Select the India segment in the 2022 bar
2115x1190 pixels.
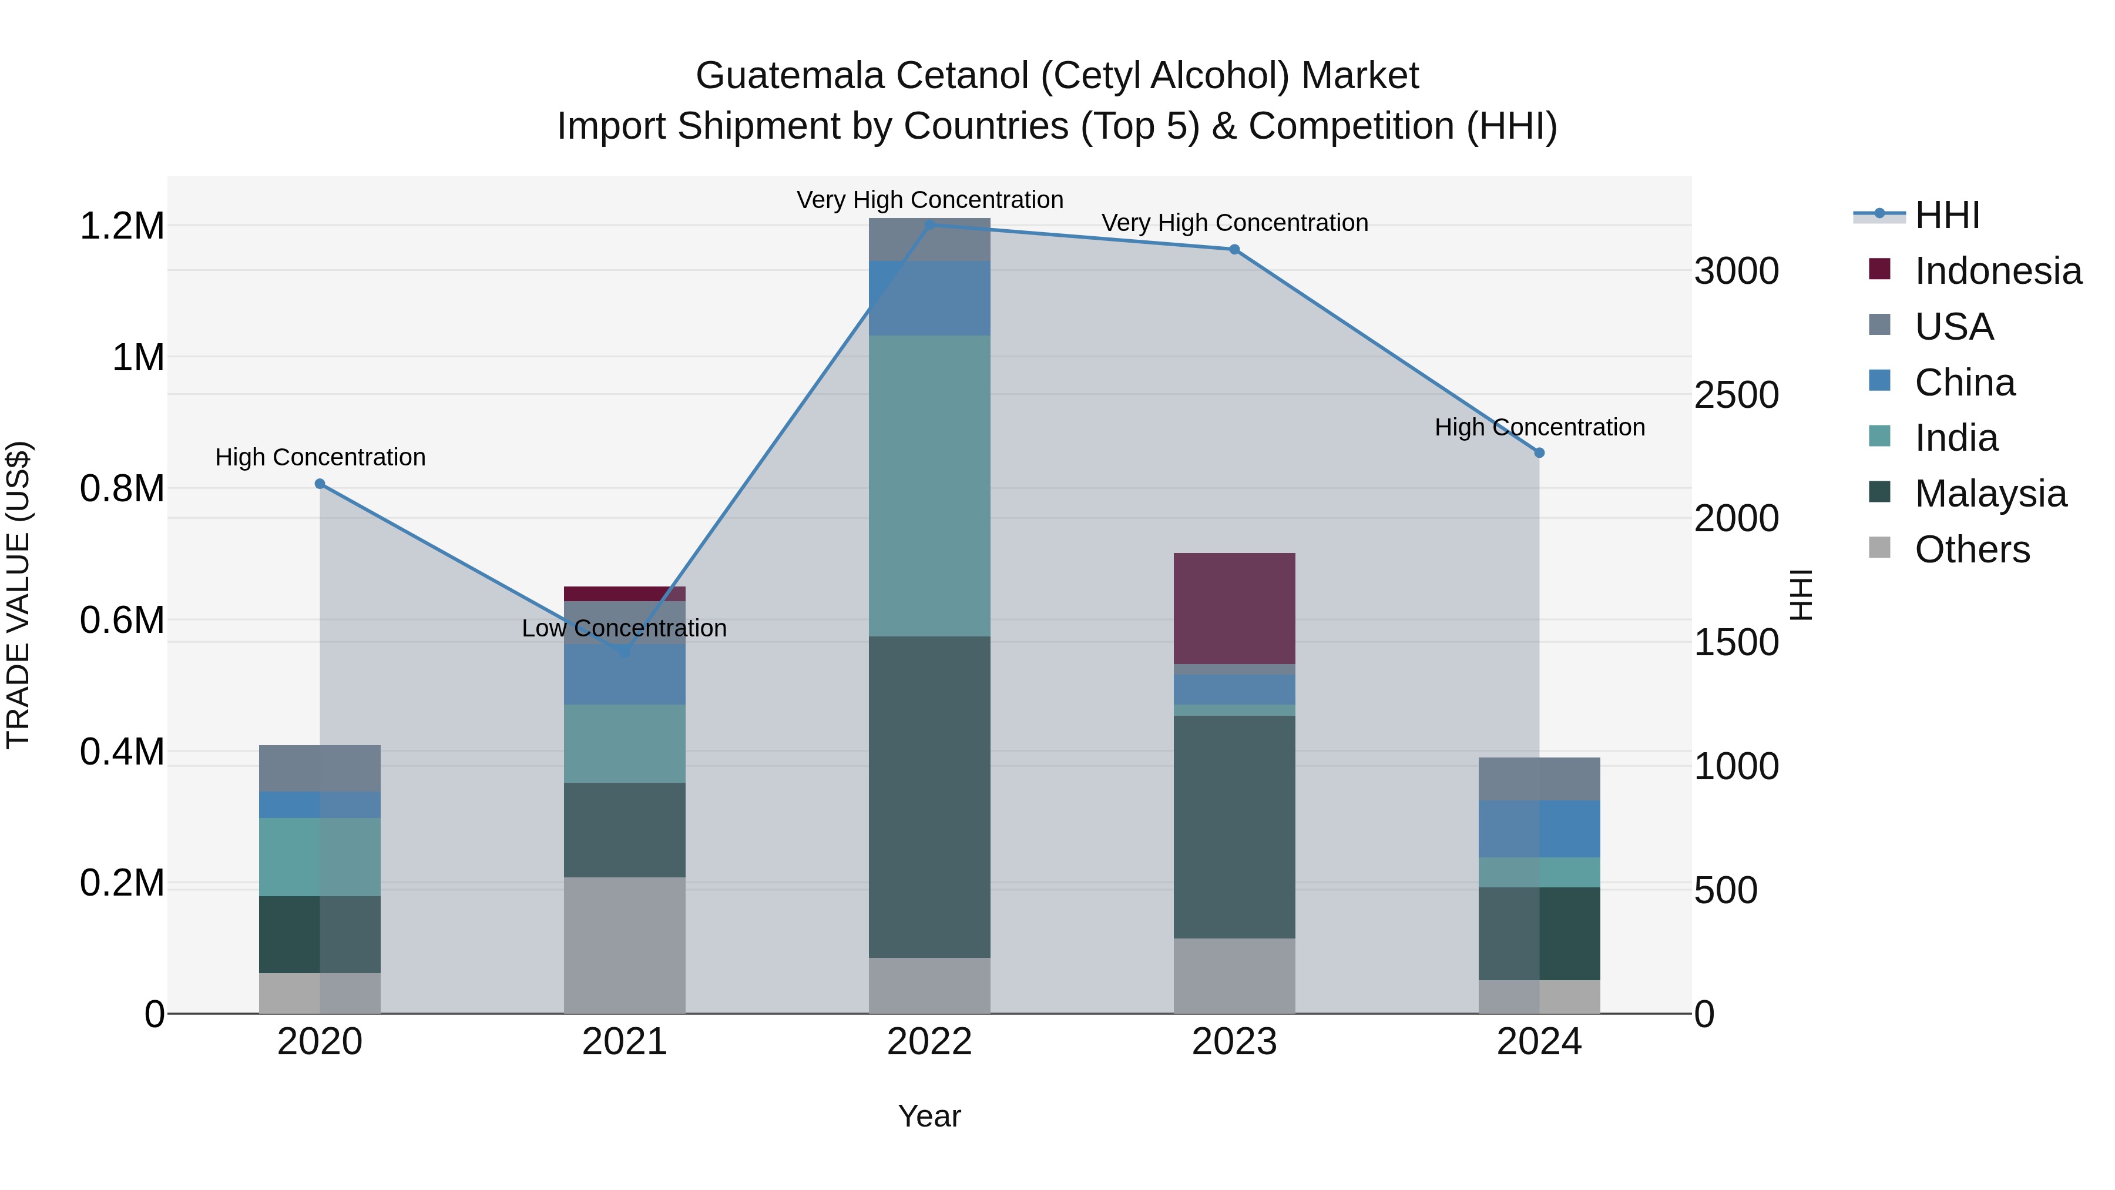pyautogui.click(x=929, y=485)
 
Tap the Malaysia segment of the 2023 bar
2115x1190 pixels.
pyautogui.click(x=1234, y=826)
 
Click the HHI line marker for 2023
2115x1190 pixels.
pyautogui.click(x=1234, y=250)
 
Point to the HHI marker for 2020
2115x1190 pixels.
pyautogui.click(x=320, y=484)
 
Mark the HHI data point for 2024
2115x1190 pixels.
pyautogui.click(x=1539, y=452)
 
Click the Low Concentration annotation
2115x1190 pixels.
pyautogui.click(x=624, y=628)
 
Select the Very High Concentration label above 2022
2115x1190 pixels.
pyautogui.click(x=929, y=200)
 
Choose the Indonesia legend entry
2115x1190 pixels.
pyautogui.click(x=1997, y=271)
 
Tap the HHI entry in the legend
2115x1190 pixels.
pyautogui.click(x=1947, y=215)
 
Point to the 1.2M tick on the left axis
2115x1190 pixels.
pyautogui.click(x=122, y=226)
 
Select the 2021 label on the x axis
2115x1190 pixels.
pyautogui.click(x=624, y=1042)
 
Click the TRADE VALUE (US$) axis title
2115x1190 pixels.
pyautogui.click(x=18, y=595)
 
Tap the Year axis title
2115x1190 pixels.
pyautogui.click(x=929, y=1116)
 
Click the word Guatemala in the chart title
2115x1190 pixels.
pyautogui.click(x=790, y=76)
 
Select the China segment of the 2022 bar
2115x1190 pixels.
pyautogui.click(x=929, y=298)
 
